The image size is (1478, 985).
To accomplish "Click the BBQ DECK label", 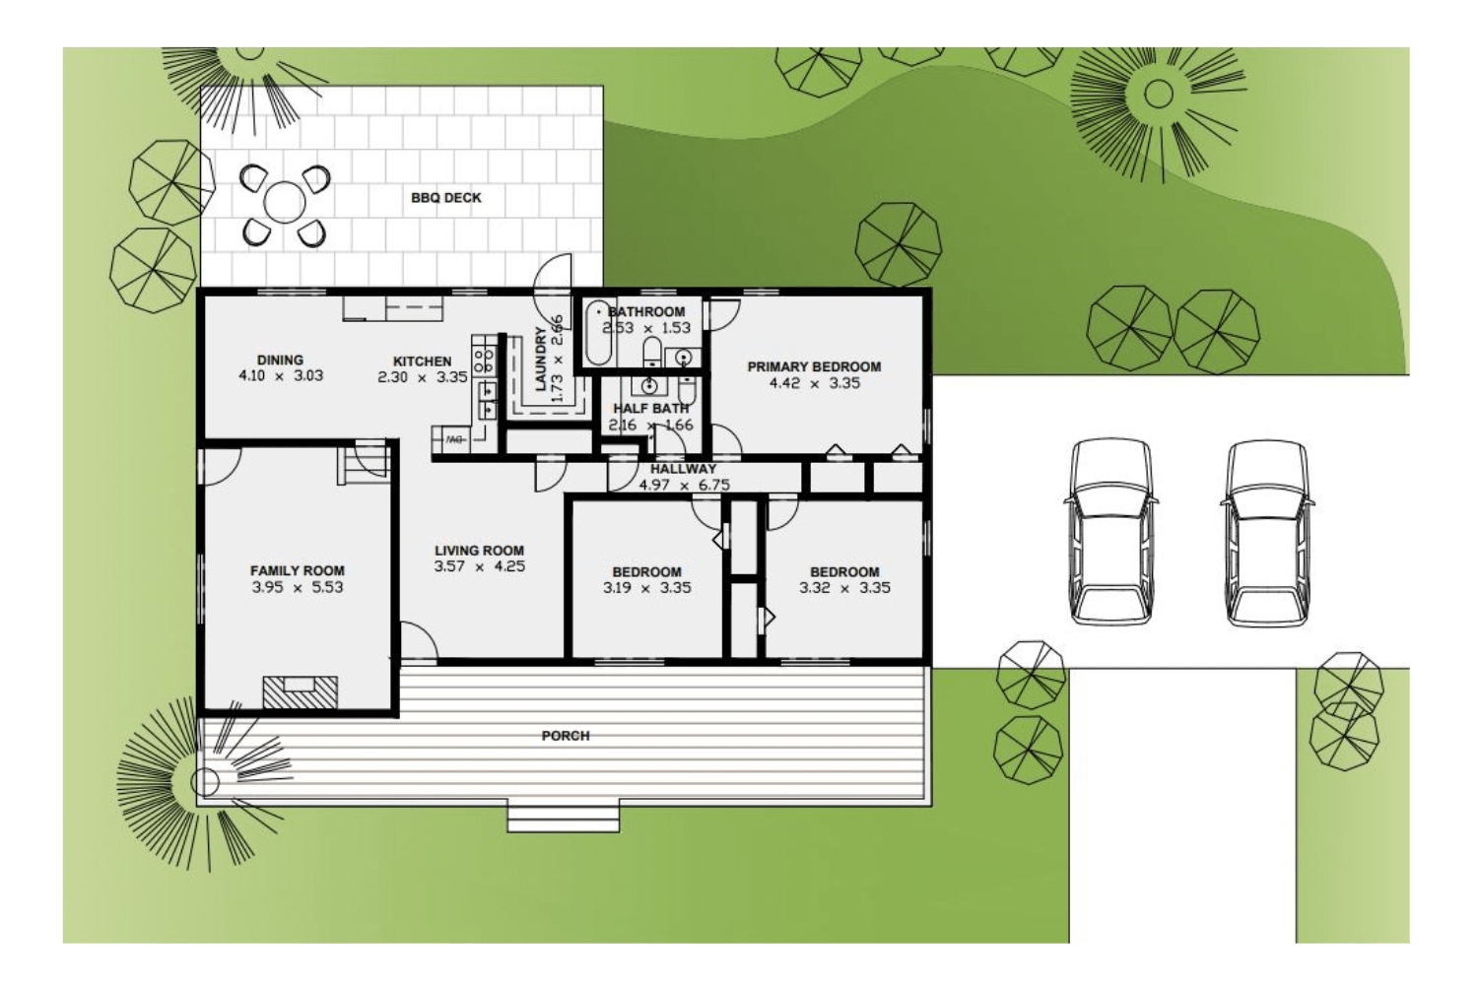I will [x=446, y=198].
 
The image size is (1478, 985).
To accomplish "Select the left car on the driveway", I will [x=1111, y=532].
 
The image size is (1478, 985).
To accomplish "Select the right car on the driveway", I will [x=1267, y=532].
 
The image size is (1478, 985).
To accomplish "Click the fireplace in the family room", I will [x=301, y=691].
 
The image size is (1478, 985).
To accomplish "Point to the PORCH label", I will [x=566, y=736].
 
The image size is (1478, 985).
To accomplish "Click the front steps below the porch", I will [x=563, y=817].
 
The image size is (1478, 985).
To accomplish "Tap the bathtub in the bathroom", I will [x=597, y=333].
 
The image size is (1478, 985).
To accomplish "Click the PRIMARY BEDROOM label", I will [x=814, y=366].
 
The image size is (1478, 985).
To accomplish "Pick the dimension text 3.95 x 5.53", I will [x=298, y=587].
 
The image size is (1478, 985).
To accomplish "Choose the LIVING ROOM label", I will [x=480, y=551].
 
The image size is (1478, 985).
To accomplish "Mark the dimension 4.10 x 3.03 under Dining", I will [x=281, y=375].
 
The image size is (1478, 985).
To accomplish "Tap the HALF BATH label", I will [x=651, y=408].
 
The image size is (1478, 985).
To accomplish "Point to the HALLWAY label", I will [x=683, y=469].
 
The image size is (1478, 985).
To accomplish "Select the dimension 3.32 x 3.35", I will [x=844, y=588].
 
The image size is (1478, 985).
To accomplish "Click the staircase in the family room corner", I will [x=365, y=462].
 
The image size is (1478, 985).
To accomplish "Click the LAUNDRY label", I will [x=540, y=360].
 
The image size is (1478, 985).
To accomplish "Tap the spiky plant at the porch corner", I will [x=204, y=782].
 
